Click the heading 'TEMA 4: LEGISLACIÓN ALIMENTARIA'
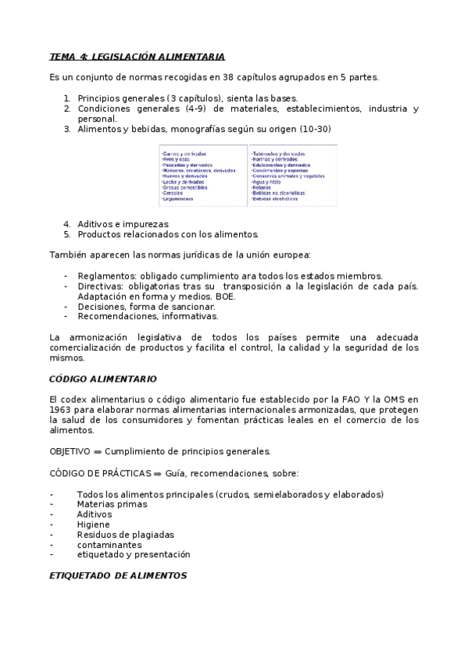click(137, 57)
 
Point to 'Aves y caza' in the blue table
click(177, 159)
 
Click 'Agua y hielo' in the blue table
click(265, 182)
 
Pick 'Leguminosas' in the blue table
click(177, 199)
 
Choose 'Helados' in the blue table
click(261, 187)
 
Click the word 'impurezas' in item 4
click(147, 223)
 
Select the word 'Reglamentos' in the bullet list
click(105, 276)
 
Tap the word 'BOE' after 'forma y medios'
click(225, 296)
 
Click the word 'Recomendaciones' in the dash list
click(116, 316)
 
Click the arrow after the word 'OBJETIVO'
click(98, 451)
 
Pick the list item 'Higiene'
click(93, 525)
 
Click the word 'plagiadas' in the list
click(153, 535)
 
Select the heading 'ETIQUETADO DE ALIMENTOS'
click(118, 575)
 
